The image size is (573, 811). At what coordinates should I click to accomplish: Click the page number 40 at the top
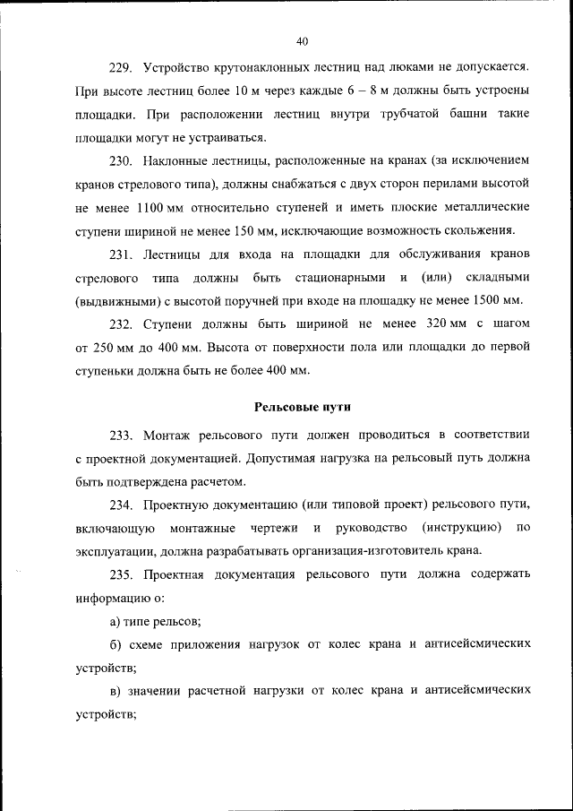click(302, 40)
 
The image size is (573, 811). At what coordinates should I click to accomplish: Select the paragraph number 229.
click(121, 67)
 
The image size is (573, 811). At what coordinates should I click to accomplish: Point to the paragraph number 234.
click(121, 504)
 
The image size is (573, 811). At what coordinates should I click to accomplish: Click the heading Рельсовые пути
click(302, 405)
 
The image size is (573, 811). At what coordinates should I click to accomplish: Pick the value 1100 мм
click(158, 207)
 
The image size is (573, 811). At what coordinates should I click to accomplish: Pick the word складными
click(496, 276)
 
